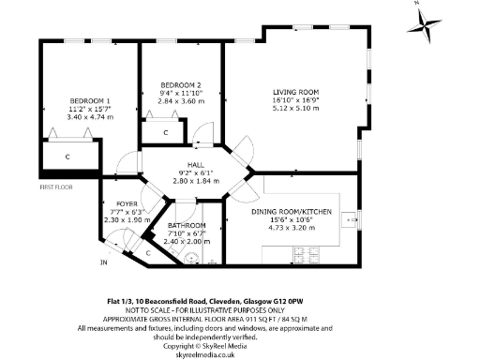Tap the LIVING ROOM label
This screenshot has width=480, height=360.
[x=311, y=92]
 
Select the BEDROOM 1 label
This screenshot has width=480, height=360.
[x=90, y=101]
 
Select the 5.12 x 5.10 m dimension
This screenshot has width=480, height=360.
[x=311, y=108]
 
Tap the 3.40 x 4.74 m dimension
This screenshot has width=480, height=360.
[x=90, y=118]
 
